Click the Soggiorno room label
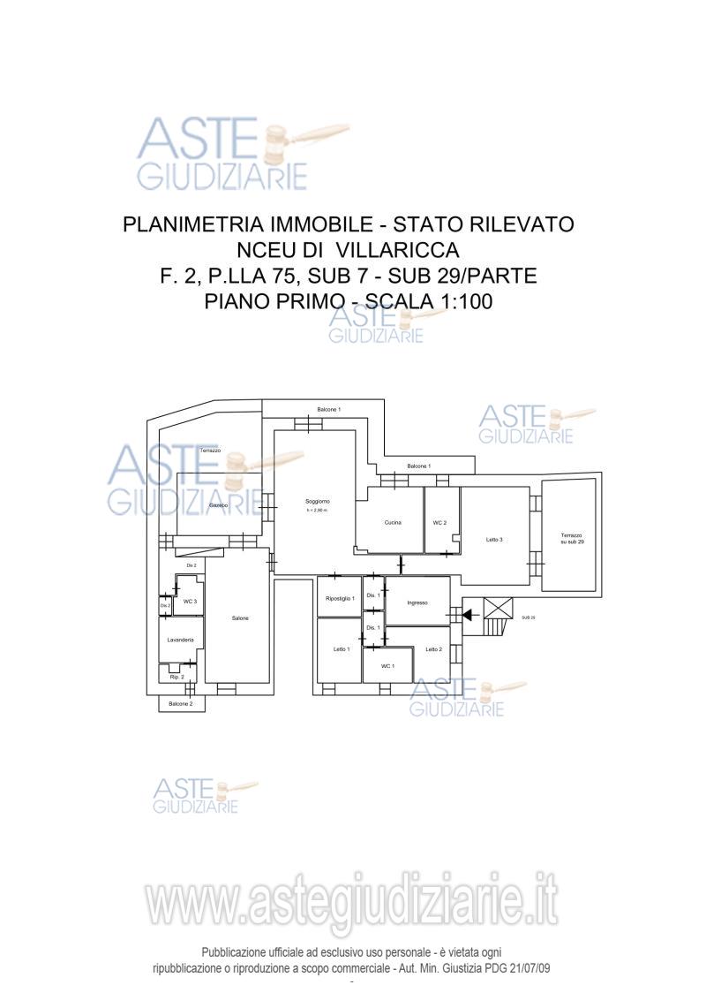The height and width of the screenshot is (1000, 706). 318,501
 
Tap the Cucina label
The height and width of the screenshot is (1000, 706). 393,523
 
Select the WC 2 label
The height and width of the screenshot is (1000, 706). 439,523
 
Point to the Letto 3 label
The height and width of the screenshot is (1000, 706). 494,540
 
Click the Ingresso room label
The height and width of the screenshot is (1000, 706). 417,603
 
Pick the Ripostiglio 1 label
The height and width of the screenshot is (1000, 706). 340,598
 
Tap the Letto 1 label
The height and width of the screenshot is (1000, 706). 341,649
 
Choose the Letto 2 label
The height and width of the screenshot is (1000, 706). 433,649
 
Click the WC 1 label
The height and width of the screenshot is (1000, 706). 387,665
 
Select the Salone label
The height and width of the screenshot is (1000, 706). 240,617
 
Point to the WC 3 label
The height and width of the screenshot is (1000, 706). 190,601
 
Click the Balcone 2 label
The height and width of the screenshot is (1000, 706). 180,703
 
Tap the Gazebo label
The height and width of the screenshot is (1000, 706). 219,504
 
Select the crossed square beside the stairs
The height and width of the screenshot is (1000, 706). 498,608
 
